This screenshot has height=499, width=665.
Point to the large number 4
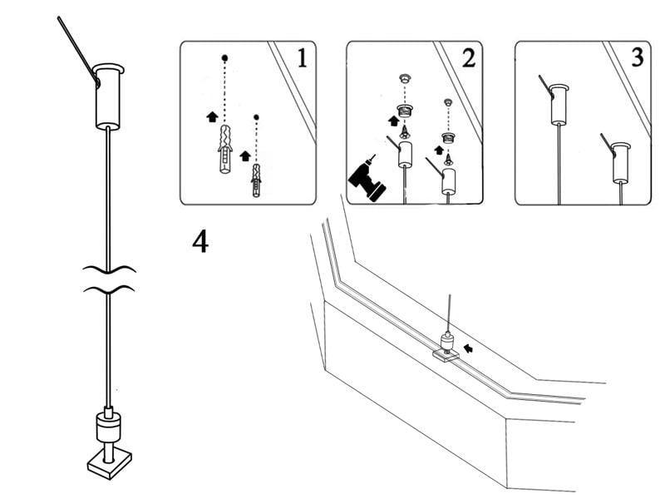point(200,241)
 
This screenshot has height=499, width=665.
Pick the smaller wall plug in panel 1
point(257,180)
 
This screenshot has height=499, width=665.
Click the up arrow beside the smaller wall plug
point(244,156)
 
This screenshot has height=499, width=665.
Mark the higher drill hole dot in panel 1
point(225,58)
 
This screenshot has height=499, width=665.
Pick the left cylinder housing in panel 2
point(405,155)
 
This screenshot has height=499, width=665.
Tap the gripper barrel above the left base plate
point(108,429)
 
